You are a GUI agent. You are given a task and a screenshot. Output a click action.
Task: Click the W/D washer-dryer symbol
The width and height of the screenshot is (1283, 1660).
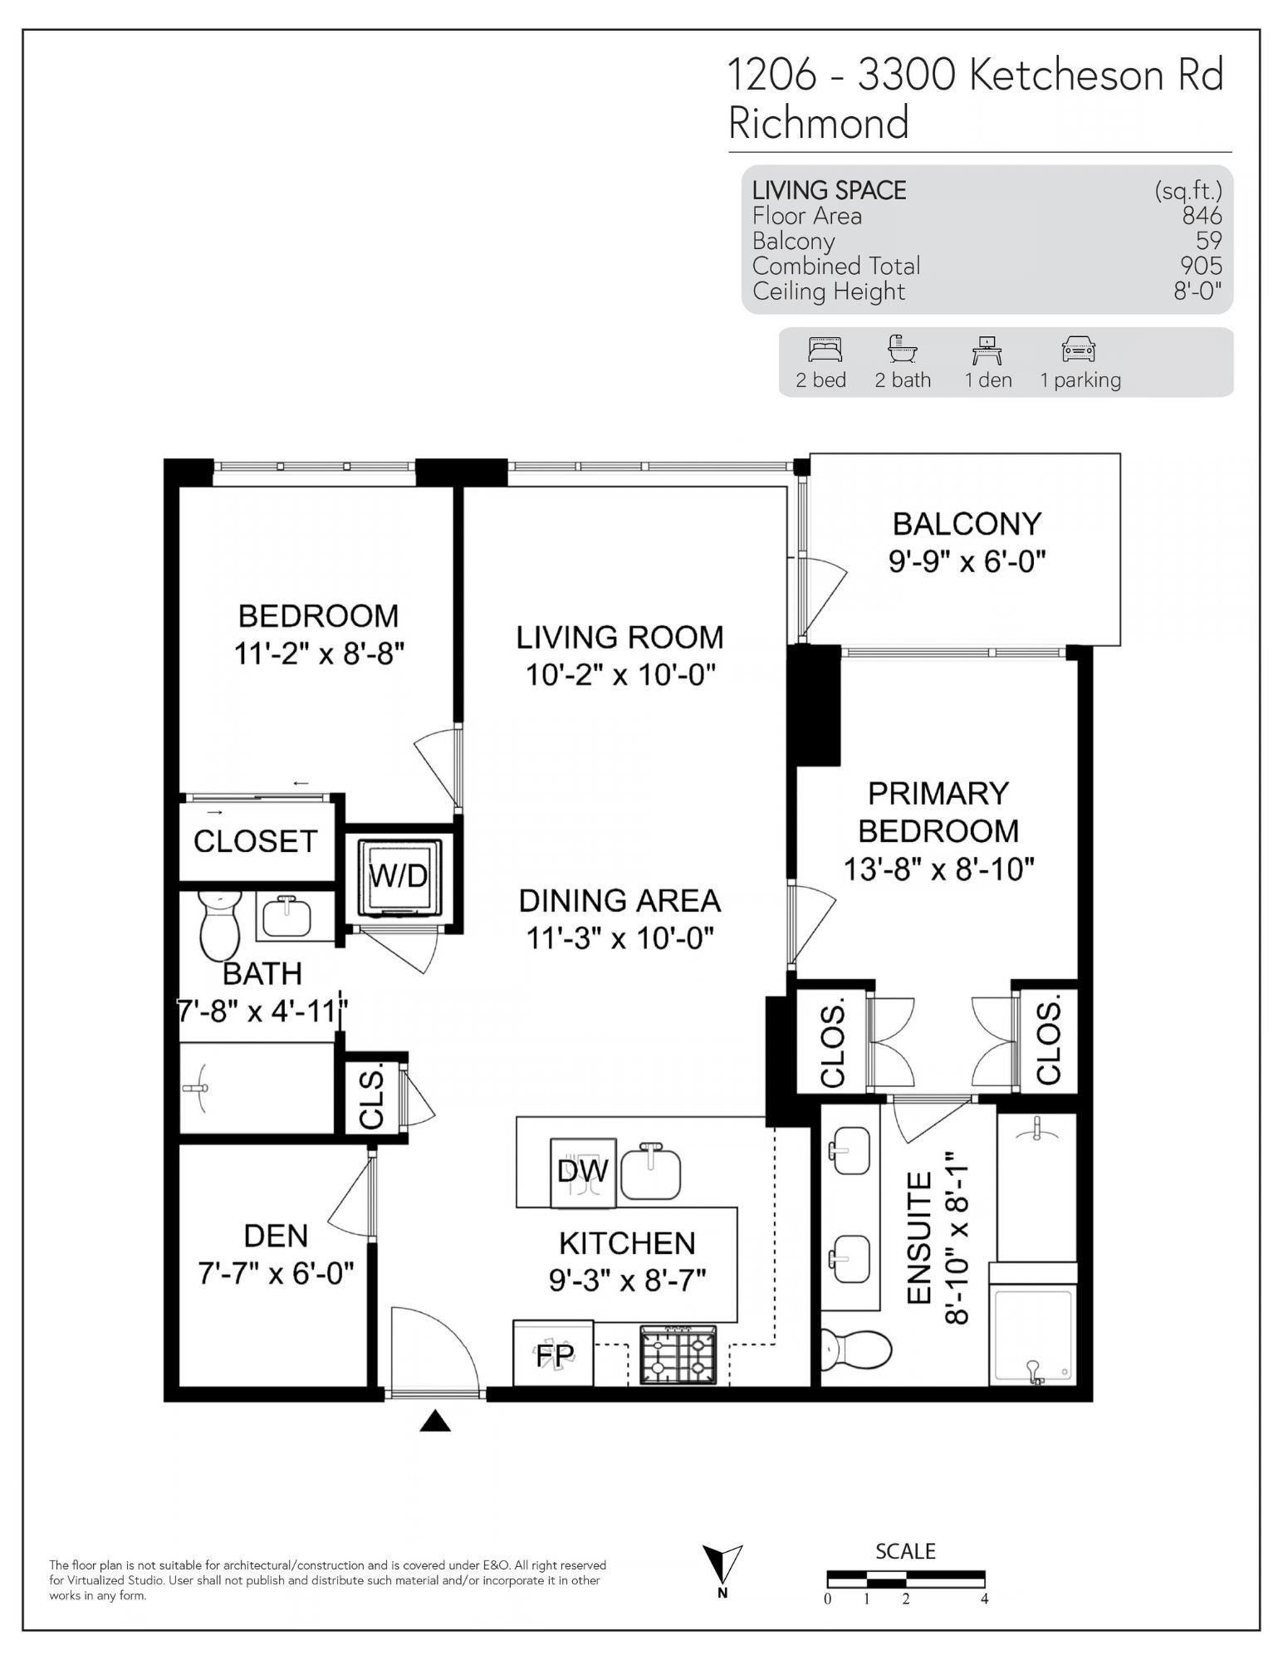(399, 876)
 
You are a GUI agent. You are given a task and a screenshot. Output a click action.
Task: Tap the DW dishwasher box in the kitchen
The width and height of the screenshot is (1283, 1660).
(584, 1172)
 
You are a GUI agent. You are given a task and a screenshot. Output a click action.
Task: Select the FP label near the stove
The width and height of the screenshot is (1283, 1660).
(554, 1354)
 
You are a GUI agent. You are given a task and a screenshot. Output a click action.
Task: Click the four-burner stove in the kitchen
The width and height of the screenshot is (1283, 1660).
(678, 1354)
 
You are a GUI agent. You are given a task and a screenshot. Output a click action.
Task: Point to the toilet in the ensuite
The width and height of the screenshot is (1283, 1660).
(856, 1348)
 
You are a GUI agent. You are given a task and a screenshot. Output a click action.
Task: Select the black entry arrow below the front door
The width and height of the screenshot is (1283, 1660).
(435, 1423)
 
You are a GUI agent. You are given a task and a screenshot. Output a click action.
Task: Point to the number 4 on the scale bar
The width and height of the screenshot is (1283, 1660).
(985, 1599)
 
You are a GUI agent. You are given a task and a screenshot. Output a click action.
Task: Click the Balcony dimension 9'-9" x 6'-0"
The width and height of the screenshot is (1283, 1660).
(967, 562)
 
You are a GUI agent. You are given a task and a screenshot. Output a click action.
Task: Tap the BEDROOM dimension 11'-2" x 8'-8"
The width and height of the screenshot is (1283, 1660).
(319, 654)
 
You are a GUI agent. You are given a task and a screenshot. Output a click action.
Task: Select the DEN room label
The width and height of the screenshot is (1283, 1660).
(276, 1236)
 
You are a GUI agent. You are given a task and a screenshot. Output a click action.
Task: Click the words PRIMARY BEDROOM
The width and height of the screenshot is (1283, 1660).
(938, 811)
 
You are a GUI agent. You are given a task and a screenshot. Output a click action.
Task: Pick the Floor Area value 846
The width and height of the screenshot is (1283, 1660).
(1202, 216)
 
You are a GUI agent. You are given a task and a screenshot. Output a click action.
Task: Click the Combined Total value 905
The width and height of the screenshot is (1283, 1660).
(1202, 266)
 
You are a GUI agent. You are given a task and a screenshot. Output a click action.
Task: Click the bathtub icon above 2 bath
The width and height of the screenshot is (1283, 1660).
(902, 349)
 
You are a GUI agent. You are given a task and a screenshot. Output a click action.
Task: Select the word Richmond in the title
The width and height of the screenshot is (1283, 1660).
(819, 123)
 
